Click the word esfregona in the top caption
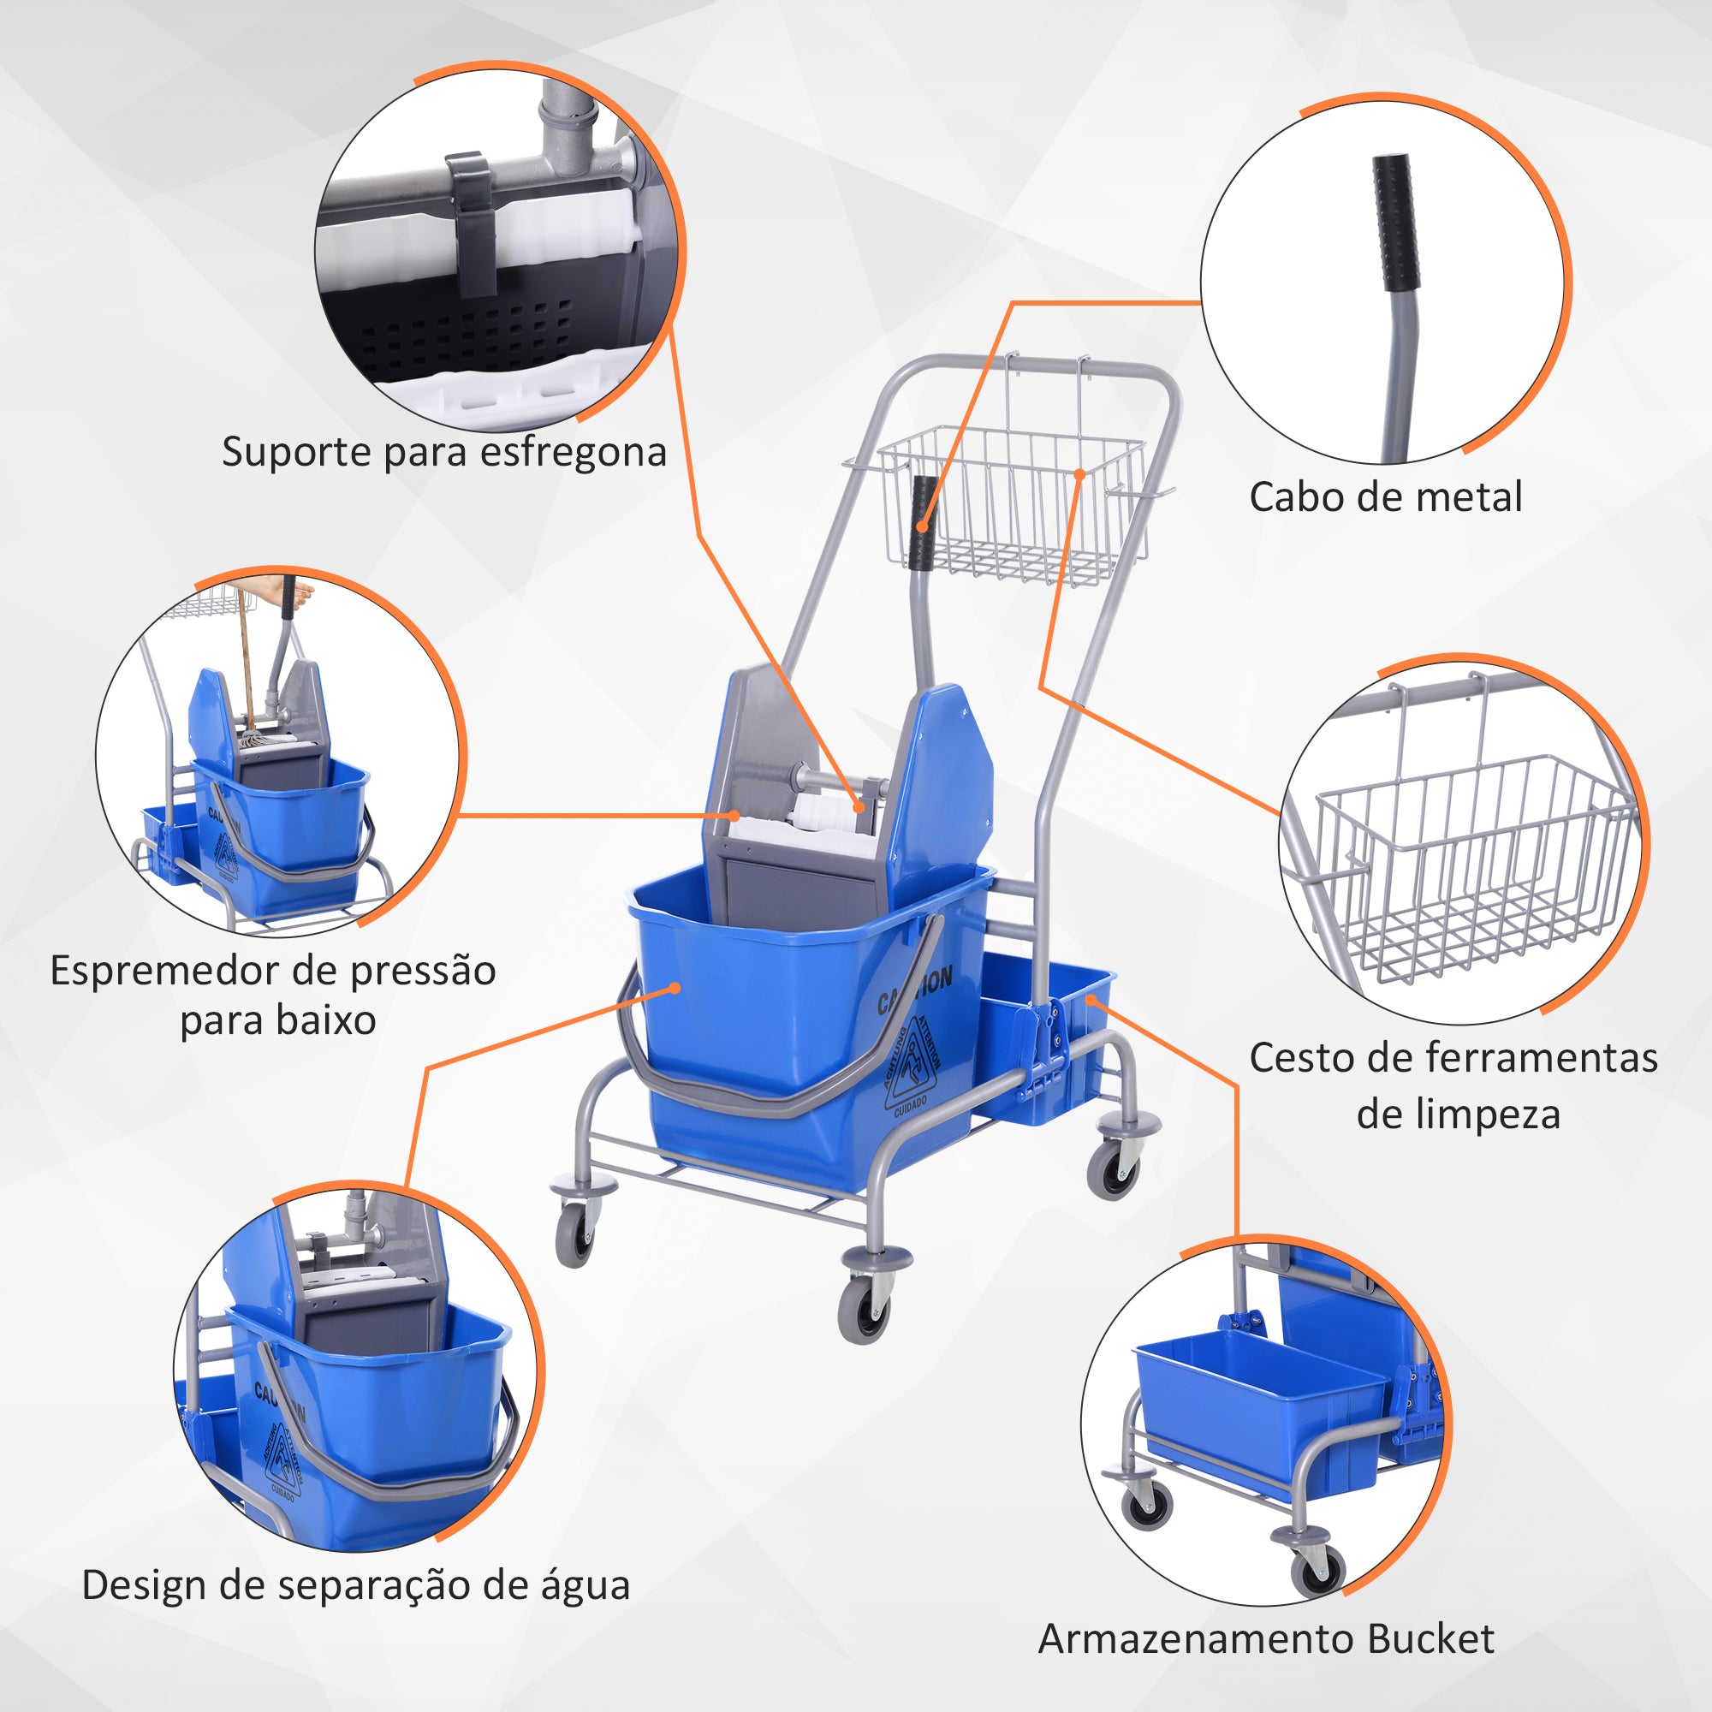pos(573,453)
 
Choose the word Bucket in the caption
pos(1430,1639)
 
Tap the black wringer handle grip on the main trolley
pos(924,523)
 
